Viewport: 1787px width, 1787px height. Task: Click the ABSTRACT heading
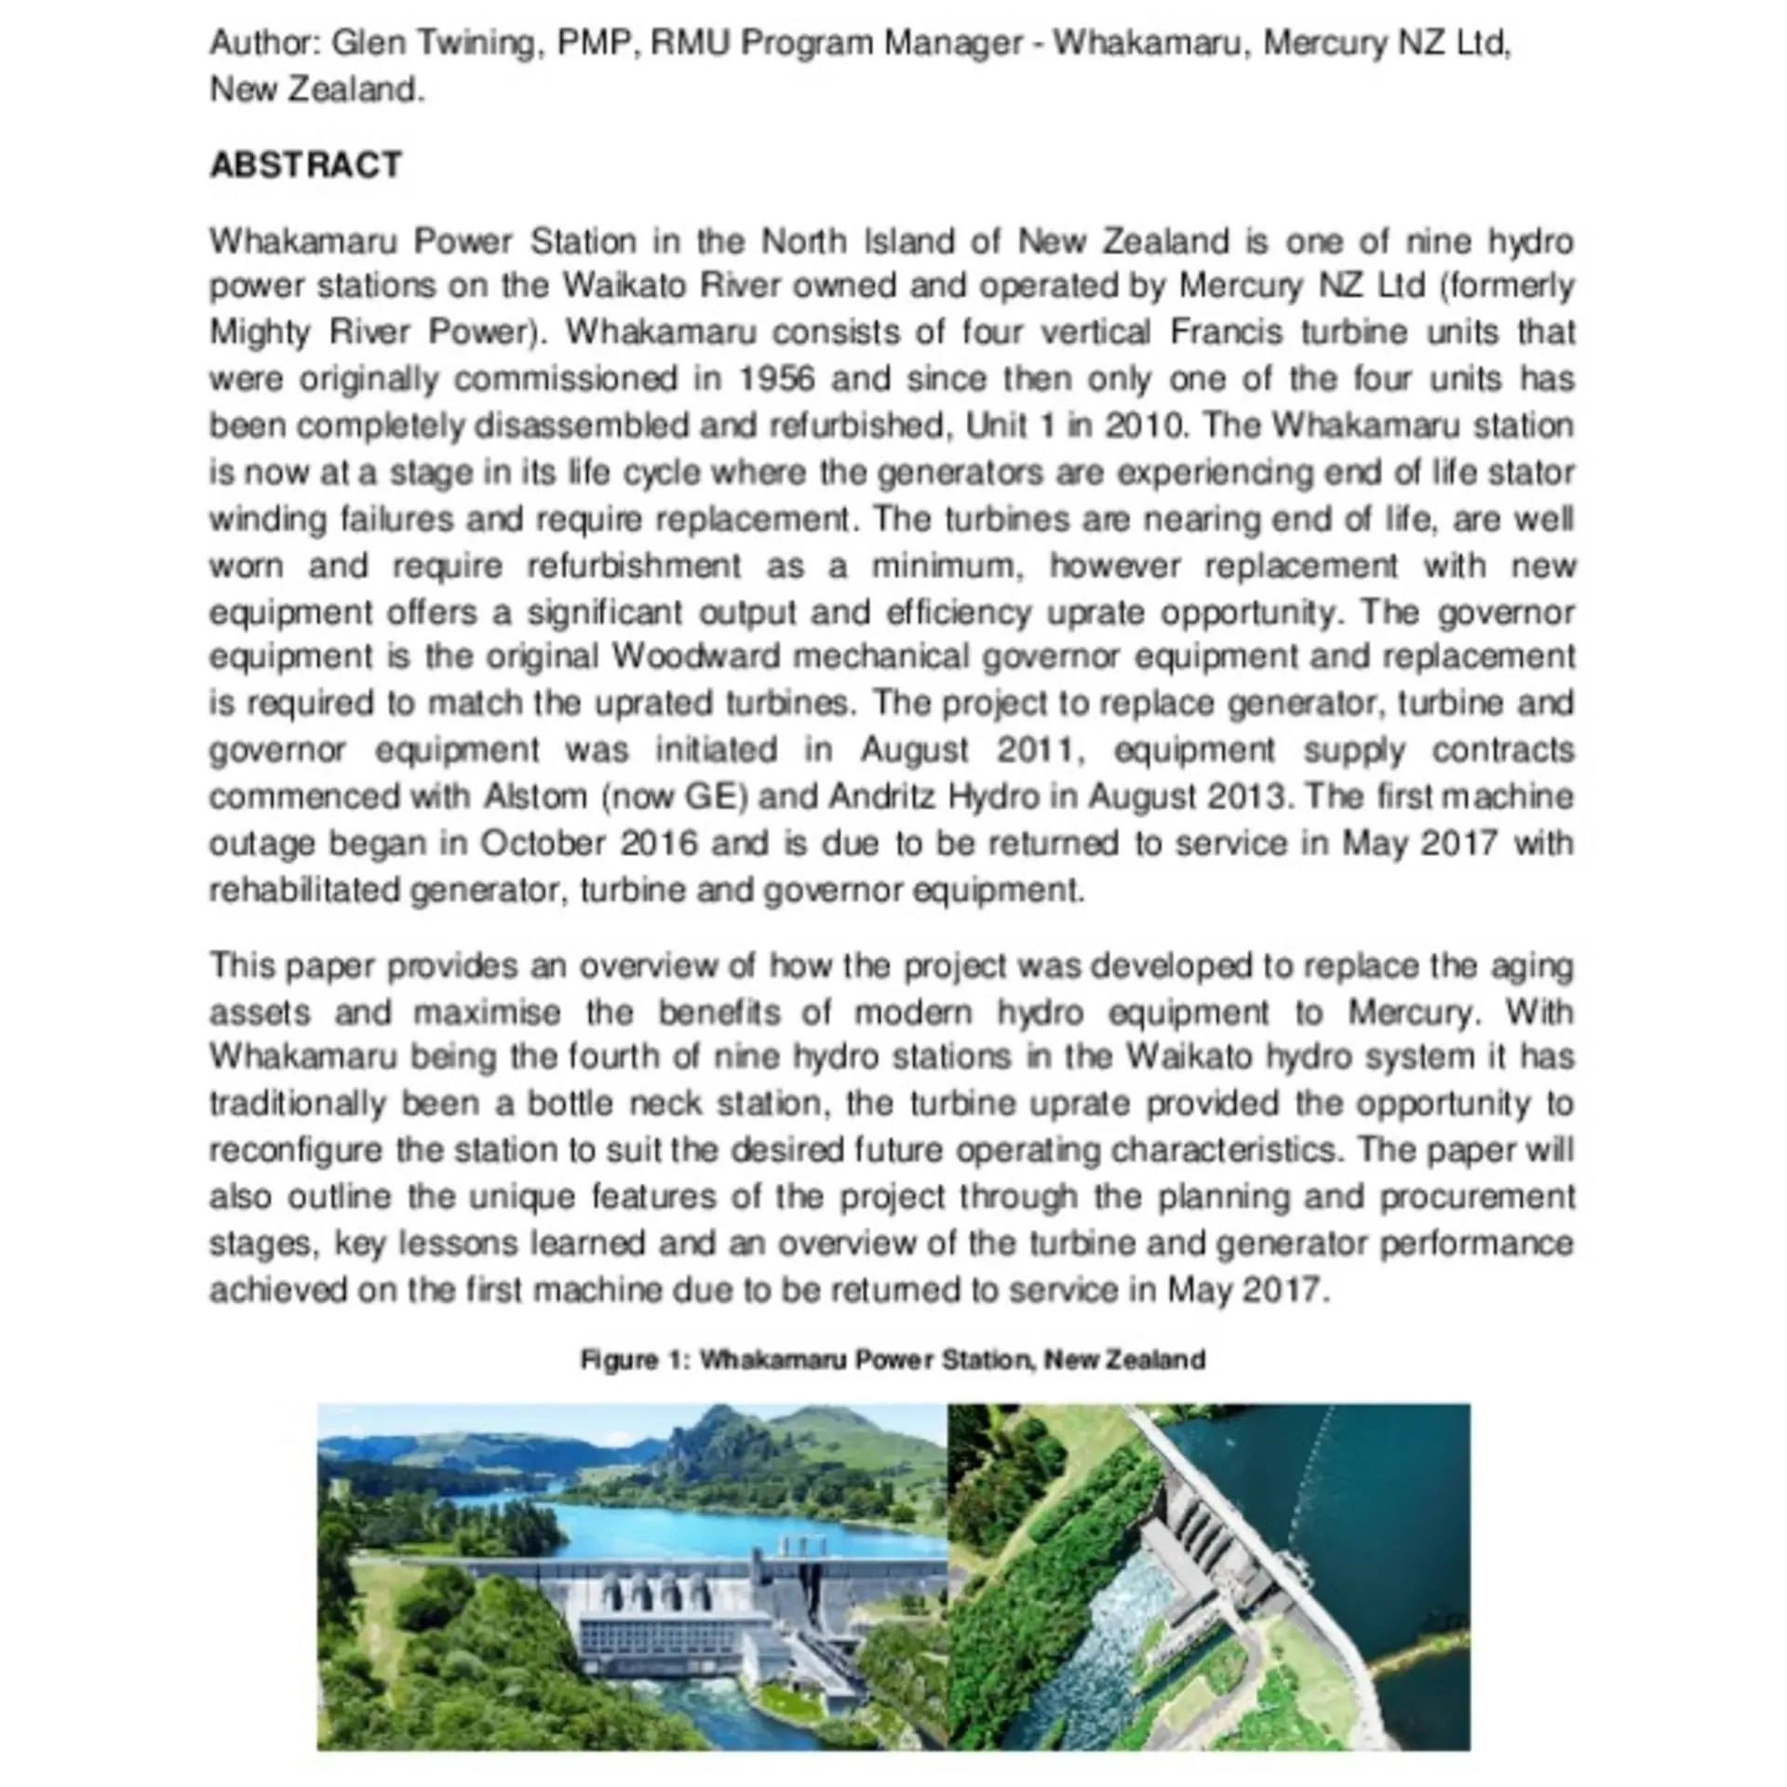[305, 165]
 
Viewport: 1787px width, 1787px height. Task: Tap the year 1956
[776, 379]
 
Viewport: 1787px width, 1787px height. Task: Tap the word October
[543, 843]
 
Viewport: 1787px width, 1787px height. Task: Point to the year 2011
[1038, 750]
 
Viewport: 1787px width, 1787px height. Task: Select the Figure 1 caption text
[892, 1360]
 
